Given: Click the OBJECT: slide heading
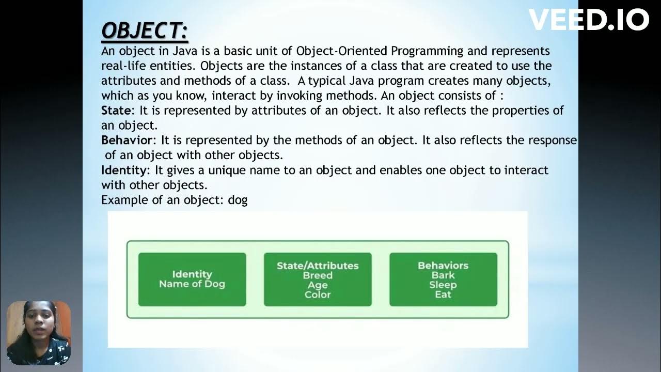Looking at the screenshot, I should tap(145, 31).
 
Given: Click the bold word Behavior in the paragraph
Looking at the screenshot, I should tap(127, 141).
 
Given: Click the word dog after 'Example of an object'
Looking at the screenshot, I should tap(238, 200).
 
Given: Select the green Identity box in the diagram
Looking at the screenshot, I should tap(192, 280).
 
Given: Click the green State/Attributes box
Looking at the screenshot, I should tap(318, 280).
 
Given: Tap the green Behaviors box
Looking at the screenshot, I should tap(443, 280).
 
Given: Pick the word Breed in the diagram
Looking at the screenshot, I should tap(318, 275).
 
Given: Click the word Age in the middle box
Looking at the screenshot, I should tap(318, 285).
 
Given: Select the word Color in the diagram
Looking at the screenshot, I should tap(318, 295).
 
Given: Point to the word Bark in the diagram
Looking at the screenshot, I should tap(443, 275).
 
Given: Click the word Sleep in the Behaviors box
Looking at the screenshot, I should tap(443, 285).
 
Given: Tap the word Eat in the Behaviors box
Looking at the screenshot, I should tap(443, 295).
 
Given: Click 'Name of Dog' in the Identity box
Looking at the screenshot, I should tap(192, 284).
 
